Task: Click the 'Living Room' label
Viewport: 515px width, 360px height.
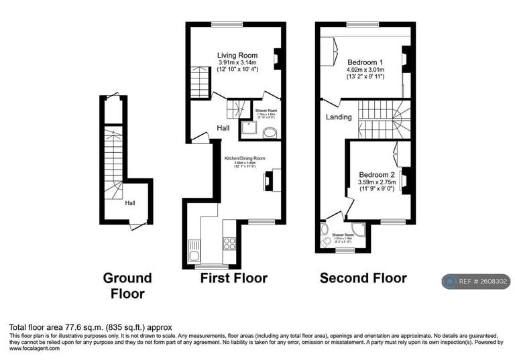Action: click(x=237, y=55)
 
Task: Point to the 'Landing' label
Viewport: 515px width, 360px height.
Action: click(x=339, y=117)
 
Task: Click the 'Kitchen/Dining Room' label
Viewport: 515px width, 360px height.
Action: click(x=245, y=158)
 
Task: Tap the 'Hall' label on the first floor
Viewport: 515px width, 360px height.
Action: click(x=223, y=128)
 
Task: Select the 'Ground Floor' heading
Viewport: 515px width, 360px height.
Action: click(x=127, y=285)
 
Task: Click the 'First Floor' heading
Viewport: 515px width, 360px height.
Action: click(x=234, y=278)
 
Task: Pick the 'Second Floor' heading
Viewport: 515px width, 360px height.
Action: click(x=363, y=278)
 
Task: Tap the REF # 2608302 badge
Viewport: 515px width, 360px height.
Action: click(x=476, y=282)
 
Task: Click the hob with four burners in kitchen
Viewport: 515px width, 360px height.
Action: click(x=229, y=243)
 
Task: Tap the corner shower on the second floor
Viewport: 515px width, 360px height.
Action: click(x=360, y=229)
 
